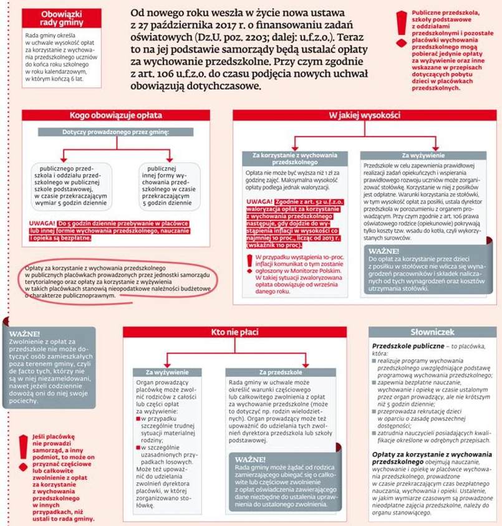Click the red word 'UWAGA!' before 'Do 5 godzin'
tap(42, 222)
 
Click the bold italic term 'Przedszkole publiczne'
tap(405, 345)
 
